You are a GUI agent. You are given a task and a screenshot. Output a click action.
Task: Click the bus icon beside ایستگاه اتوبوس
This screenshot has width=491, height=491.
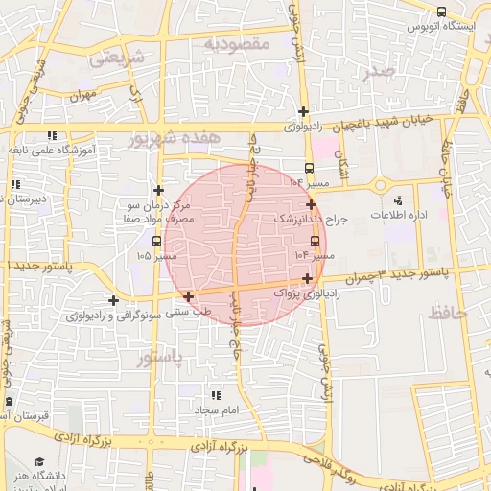[441, 12]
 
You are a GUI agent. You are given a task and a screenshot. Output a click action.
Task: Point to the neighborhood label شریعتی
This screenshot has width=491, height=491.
[116, 58]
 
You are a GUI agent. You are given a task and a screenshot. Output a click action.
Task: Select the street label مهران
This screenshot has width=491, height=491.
[83, 94]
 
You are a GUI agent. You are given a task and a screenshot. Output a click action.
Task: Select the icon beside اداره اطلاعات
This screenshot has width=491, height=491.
[399, 202]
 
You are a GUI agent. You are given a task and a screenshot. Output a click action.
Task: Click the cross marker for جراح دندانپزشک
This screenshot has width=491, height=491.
[311, 204]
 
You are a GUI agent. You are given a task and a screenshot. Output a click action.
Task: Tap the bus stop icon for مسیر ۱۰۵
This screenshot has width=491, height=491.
[157, 241]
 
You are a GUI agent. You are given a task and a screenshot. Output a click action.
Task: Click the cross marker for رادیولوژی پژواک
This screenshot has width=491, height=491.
[307, 278]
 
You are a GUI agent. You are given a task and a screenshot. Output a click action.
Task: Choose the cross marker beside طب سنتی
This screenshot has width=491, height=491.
[188, 296]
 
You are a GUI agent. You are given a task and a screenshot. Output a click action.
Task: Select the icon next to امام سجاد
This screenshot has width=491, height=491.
[215, 394]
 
